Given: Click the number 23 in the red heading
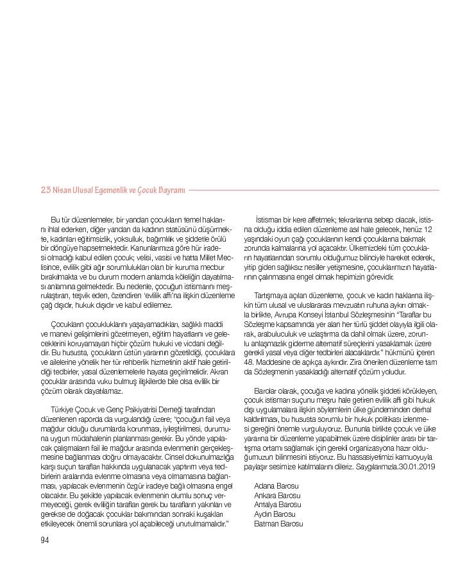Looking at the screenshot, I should coord(46,190).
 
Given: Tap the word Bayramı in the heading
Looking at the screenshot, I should coord(171,190).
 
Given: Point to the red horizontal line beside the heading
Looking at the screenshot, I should coord(314,190).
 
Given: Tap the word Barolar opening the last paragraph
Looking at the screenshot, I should coord(266,391).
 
